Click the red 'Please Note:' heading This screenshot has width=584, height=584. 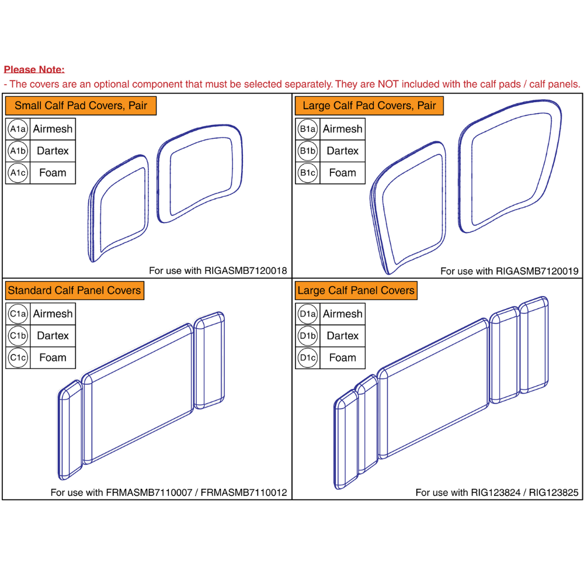click(x=34, y=69)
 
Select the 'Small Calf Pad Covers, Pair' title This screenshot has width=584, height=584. click(x=81, y=106)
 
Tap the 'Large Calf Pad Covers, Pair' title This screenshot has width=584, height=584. click(x=369, y=106)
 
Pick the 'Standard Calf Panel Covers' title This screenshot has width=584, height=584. click(x=74, y=290)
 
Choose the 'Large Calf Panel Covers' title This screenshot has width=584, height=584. click(x=356, y=290)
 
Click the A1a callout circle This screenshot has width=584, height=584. click(x=18, y=129)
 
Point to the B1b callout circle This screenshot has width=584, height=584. click(x=307, y=151)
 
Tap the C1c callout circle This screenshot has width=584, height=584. click(x=18, y=357)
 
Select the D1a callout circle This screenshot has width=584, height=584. click(x=307, y=314)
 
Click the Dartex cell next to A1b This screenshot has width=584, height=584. click(x=53, y=151)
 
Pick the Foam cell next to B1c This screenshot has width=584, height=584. click(x=342, y=173)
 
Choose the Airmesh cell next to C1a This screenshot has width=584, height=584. click(x=53, y=314)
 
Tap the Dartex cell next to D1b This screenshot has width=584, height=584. click(x=342, y=336)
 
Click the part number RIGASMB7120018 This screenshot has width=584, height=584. click(x=245, y=271)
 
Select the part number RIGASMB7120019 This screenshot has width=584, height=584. click(x=537, y=271)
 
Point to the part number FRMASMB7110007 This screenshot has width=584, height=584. click(x=152, y=493)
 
